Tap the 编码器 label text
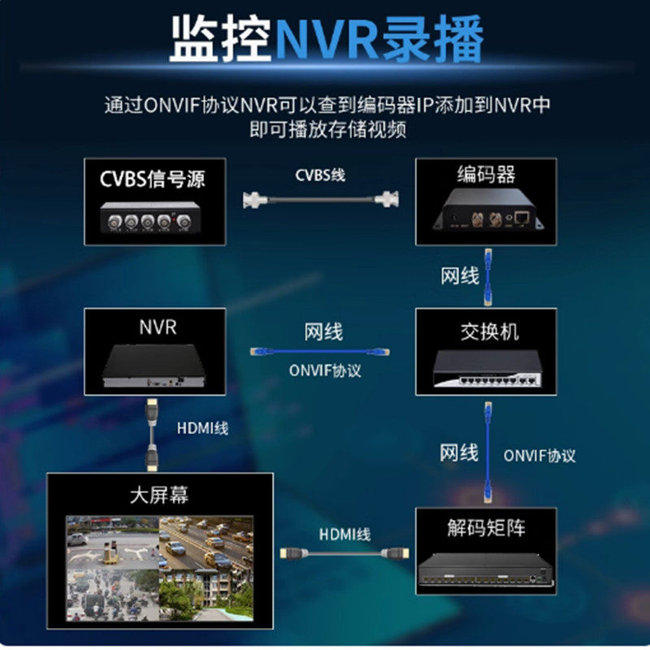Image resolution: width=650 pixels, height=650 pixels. pyautogui.click(x=486, y=175)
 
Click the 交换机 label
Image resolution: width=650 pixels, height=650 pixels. pyautogui.click(x=486, y=331)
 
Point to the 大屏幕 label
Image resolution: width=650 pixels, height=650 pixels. pyautogui.click(x=159, y=495)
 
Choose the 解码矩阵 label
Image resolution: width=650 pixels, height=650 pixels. pyautogui.click(x=486, y=529)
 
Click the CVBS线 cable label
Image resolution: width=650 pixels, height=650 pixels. pyautogui.click(x=319, y=175)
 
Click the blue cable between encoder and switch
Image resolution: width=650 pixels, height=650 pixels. pyautogui.click(x=488, y=276)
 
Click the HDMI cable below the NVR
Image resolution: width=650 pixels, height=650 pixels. pyautogui.click(x=150, y=435)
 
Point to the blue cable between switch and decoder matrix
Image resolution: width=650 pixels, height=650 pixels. pyautogui.click(x=488, y=451)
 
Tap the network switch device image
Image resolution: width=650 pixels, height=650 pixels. pyautogui.click(x=486, y=370)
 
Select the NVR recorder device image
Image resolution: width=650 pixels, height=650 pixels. pyautogui.click(x=157, y=367)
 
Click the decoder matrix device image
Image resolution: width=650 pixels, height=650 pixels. pyautogui.click(x=486, y=572)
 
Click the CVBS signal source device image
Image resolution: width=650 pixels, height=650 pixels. pyautogui.click(x=154, y=219)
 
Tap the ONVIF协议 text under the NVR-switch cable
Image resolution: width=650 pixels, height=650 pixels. pyautogui.click(x=325, y=370)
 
